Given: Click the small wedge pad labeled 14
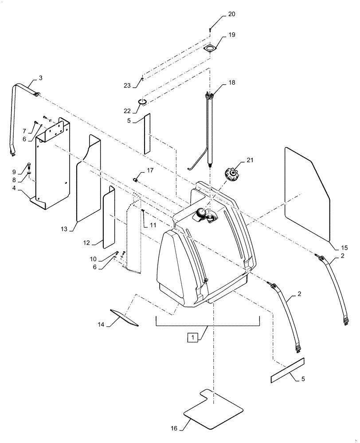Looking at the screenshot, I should [124, 317].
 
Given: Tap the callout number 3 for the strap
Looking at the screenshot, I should [41, 78].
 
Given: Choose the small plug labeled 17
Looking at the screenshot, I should [137, 179].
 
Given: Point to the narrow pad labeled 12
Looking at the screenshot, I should [109, 217].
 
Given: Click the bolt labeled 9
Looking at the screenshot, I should [30, 167].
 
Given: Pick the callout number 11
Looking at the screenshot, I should [153, 225].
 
